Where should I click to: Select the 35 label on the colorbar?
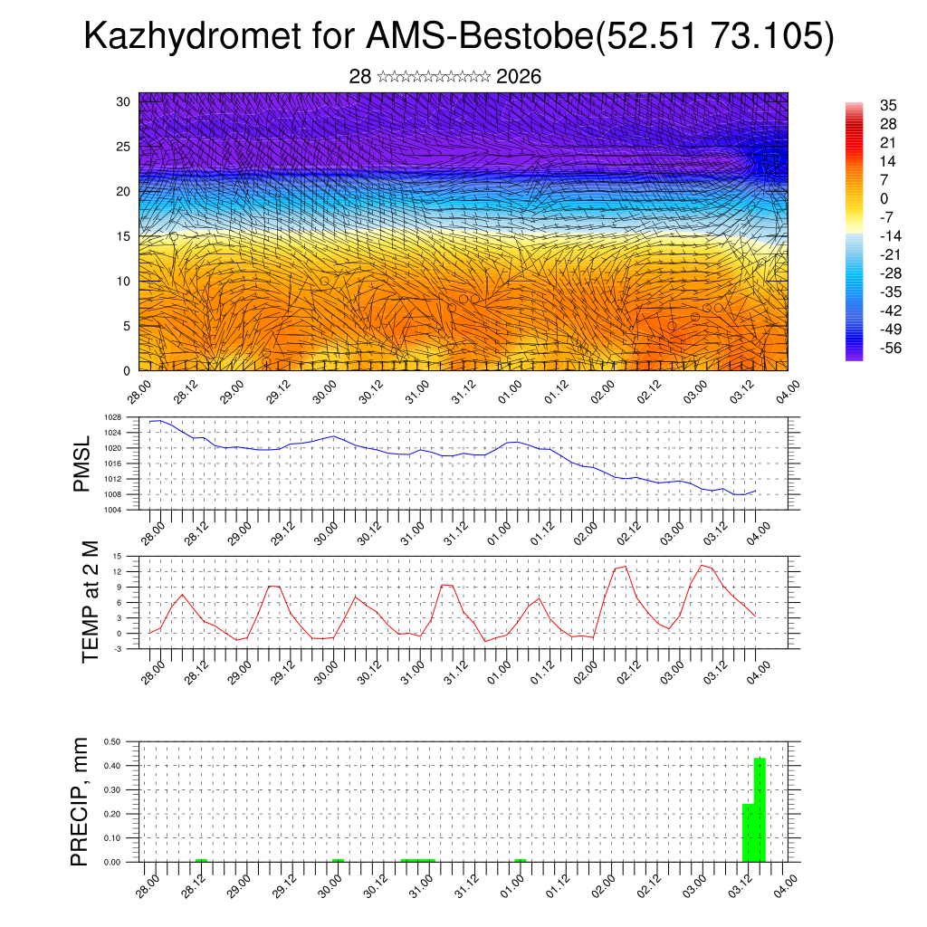(x=888, y=106)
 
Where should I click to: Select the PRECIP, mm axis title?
(x=81, y=801)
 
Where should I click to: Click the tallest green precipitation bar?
(x=760, y=809)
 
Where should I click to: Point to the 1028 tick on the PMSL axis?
(x=112, y=417)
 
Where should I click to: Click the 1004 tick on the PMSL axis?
(x=112, y=510)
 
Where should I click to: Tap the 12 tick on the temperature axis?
(x=117, y=571)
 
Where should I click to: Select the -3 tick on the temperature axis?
(x=117, y=649)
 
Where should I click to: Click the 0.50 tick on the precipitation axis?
(x=112, y=741)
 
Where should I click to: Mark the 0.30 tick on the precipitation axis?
(x=112, y=789)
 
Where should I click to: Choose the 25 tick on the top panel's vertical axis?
(x=123, y=146)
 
